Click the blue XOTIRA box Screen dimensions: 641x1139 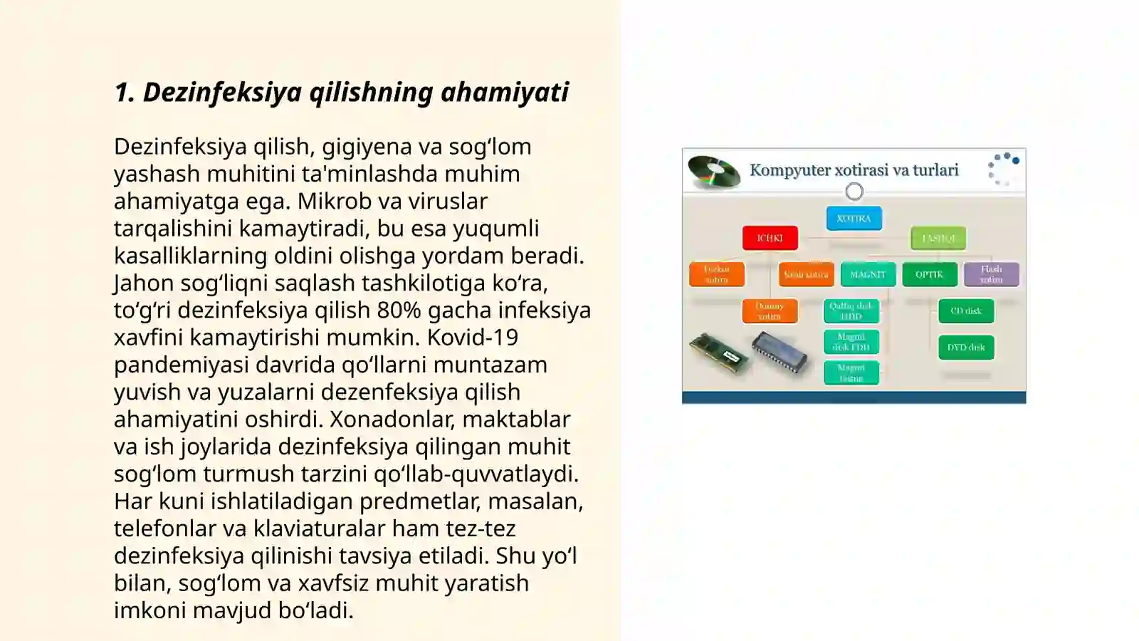click(854, 219)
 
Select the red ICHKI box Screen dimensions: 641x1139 click(770, 238)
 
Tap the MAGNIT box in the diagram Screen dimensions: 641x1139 click(868, 274)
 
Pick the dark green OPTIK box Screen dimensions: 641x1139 click(929, 274)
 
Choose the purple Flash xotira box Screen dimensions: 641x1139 click(991, 274)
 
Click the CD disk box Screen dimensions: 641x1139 click(966, 311)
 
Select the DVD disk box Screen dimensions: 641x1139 click(966, 348)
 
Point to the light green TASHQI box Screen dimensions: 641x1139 click(938, 238)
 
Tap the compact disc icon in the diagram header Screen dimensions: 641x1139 click(714, 172)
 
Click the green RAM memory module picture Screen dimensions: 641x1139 click(719, 353)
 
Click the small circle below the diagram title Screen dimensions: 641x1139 click(854, 191)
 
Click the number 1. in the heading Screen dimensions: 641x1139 click(125, 92)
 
